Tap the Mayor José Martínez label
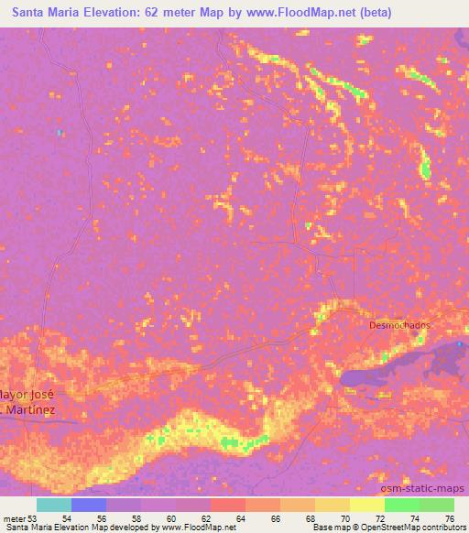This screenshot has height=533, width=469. point(27,400)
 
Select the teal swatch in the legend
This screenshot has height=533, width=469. point(54,505)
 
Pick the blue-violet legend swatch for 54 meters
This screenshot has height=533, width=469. point(89,505)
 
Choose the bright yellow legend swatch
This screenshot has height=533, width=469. point(367,505)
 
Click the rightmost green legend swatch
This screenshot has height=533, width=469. point(437,505)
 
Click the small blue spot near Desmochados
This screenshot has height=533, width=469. point(461,346)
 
